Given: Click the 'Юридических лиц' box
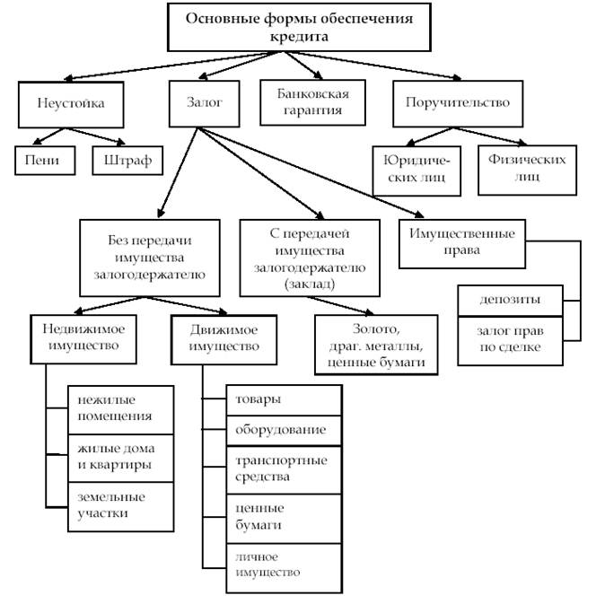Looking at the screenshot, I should (416, 169).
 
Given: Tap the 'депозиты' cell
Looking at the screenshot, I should (511, 298).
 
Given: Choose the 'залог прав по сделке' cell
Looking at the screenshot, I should (511, 339).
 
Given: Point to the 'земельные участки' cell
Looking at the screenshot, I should (113, 505).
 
